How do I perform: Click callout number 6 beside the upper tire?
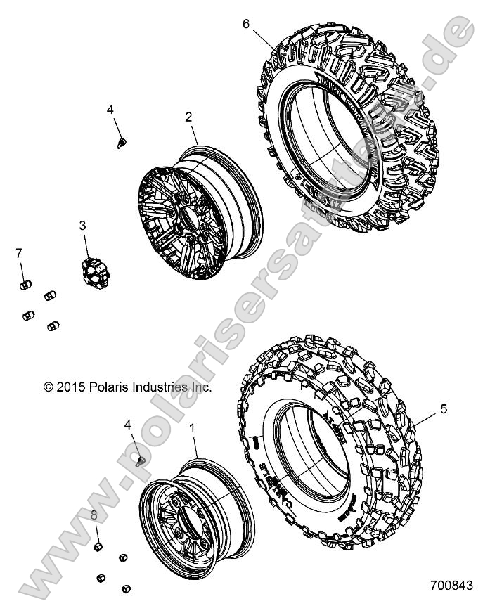pos(246,23)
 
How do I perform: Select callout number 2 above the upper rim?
pos(189,117)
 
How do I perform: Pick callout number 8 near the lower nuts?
pos(94,516)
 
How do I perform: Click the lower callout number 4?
pos(127,425)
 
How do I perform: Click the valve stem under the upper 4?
pos(120,143)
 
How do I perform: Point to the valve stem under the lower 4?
pos(139,460)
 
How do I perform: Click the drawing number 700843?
pos(449,584)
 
